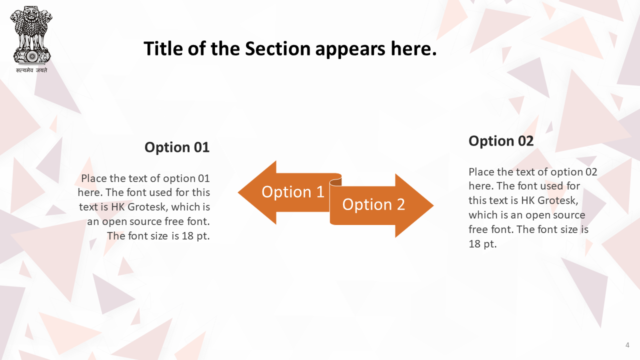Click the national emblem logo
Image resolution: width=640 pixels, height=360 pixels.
pyautogui.click(x=31, y=35)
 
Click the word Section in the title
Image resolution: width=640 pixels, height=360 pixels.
pyautogui.click(x=277, y=48)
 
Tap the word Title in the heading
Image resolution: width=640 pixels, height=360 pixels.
pyautogui.click(x=163, y=48)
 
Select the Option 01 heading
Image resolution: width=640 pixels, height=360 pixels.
pyautogui.click(x=177, y=147)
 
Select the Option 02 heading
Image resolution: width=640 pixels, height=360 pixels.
pyautogui.click(x=501, y=141)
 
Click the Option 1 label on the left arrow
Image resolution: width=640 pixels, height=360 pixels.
pyautogui.click(x=293, y=191)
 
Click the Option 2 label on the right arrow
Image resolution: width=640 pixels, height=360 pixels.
pyautogui.click(x=373, y=204)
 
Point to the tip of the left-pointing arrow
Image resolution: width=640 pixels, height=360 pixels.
pyautogui.click(x=238, y=192)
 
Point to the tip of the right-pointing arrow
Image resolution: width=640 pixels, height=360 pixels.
pyautogui.click(x=433, y=205)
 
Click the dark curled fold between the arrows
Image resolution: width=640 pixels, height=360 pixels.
pyautogui.click(x=336, y=182)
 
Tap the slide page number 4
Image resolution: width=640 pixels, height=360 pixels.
pyautogui.click(x=627, y=345)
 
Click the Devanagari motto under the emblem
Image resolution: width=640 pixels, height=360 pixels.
pyautogui.click(x=31, y=70)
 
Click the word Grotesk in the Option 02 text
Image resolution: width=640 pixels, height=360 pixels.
pyautogui.click(x=557, y=200)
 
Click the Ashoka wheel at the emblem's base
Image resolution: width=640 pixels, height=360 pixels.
pyautogui.click(x=32, y=56)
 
